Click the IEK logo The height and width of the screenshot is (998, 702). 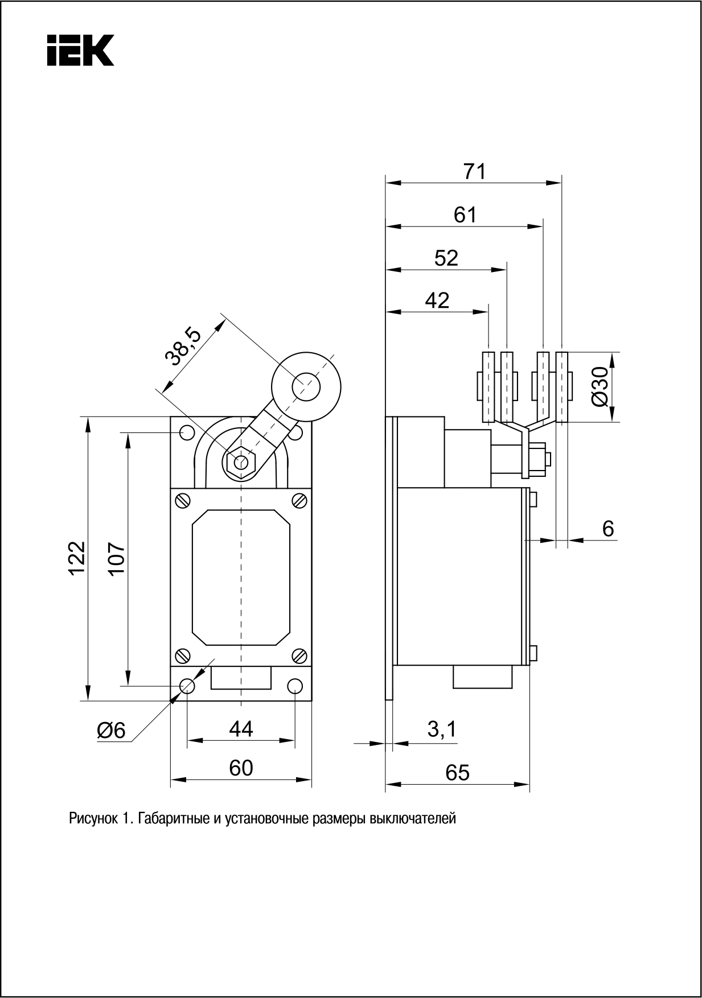pos(80,50)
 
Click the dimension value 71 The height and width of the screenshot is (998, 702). pos(474,171)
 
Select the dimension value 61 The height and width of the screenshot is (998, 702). pos(465,215)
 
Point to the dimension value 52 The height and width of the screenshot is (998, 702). pos(446,258)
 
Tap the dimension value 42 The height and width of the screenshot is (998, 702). pos(437,300)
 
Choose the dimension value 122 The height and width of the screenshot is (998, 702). pos(76,559)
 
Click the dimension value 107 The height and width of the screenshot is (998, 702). pos(116,559)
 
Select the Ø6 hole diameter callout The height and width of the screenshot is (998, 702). pos(111,730)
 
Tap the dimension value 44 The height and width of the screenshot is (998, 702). pos(241,729)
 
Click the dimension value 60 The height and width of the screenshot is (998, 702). pos(241,768)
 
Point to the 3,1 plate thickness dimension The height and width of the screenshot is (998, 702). pos(442,729)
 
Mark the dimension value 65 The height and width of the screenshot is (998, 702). pos(457,772)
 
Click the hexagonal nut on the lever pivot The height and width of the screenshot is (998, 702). pos(241,461)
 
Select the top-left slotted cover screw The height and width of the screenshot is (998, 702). pos(183,500)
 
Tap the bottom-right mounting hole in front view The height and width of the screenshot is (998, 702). pos(295,686)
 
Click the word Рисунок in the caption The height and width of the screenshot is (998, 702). pos(93,819)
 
